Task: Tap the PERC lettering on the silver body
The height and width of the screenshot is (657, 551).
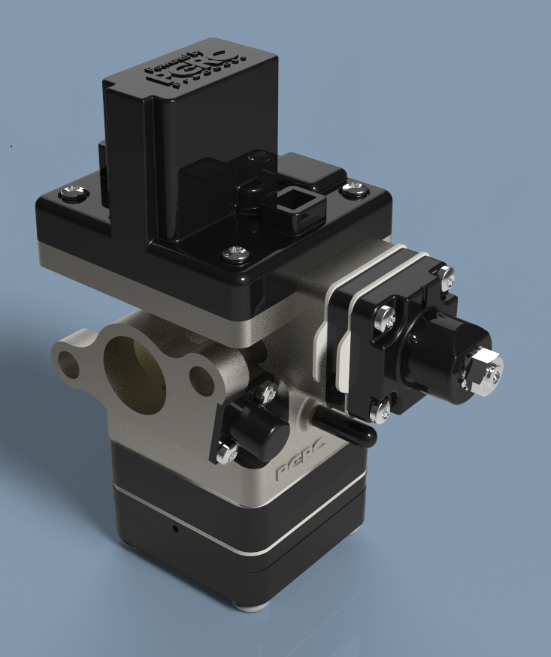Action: click(x=299, y=469)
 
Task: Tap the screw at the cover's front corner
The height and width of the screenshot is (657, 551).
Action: click(x=235, y=254)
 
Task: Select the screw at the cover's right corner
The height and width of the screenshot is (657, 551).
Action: click(x=351, y=188)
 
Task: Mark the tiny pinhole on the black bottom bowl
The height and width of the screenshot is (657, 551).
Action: click(x=175, y=529)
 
